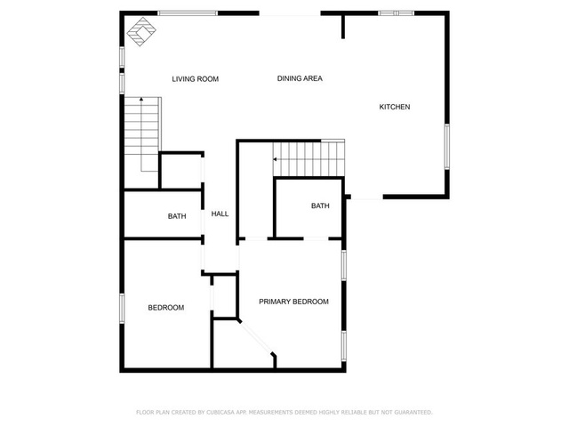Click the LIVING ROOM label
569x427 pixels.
(x=196, y=79)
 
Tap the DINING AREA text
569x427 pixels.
(x=300, y=78)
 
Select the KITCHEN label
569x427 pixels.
(x=395, y=107)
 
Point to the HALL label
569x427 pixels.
(x=220, y=213)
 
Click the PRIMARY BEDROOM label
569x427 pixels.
(x=293, y=302)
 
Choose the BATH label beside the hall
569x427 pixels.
(x=177, y=216)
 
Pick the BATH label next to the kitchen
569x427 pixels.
(x=320, y=205)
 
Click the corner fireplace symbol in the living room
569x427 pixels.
(x=141, y=32)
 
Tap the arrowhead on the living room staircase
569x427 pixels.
(x=141, y=99)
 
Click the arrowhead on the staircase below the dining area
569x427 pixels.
(x=275, y=159)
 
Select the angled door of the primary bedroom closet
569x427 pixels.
(x=256, y=337)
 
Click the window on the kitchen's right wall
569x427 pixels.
(x=447, y=146)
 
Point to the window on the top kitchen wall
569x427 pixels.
(x=397, y=13)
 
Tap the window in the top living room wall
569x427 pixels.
(x=188, y=13)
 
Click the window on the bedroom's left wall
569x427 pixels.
(x=122, y=309)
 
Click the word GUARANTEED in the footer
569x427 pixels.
(x=413, y=412)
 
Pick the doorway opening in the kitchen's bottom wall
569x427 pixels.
(x=367, y=197)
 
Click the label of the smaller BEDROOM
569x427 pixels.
(x=166, y=308)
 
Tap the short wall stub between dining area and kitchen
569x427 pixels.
(x=343, y=26)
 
